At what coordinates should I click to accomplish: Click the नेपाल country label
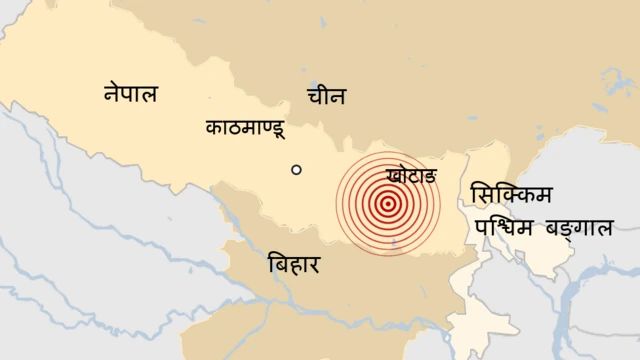[131, 94]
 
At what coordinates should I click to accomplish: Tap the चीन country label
[326, 97]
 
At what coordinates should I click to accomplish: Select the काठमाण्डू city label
[245, 129]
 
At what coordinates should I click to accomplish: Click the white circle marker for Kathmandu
[296, 170]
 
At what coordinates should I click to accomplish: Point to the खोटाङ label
[410, 176]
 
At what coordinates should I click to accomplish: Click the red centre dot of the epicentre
[387, 204]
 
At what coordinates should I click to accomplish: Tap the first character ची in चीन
[315, 97]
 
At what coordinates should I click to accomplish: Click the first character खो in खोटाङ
[394, 176]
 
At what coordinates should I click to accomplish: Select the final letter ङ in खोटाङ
[427, 177]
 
